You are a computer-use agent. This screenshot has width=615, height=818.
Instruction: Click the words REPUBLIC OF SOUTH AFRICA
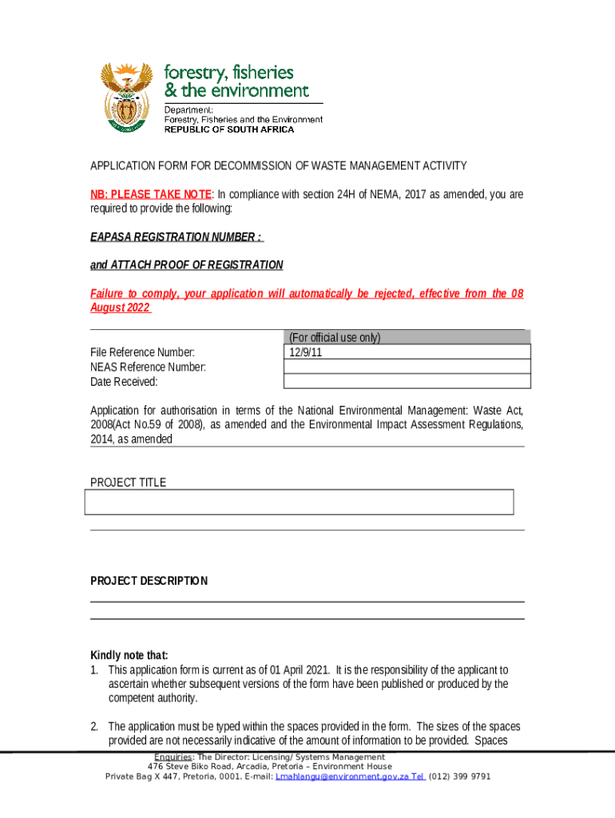pos(229,129)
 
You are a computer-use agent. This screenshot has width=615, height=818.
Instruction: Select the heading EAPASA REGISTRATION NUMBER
pos(175,237)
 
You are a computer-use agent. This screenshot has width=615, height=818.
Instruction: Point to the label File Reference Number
pos(142,352)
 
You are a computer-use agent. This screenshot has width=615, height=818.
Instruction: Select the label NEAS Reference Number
pos(148,367)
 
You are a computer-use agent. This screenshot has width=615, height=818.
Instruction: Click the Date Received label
pos(124,382)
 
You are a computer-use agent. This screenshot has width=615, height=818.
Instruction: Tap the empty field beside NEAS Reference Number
pos(407,367)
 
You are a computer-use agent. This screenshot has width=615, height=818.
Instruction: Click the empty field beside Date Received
pos(407,381)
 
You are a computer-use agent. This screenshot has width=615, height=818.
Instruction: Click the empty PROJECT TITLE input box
pos(299,502)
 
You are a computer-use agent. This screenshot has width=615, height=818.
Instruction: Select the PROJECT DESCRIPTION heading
pos(149,581)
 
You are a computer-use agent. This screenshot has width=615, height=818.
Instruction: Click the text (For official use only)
pos(335,337)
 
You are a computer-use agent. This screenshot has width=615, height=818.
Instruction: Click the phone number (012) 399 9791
pos(459,776)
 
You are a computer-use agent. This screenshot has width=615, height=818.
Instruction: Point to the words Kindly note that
pos(129,655)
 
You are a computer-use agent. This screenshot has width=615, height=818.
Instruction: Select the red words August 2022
pos(120,308)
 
